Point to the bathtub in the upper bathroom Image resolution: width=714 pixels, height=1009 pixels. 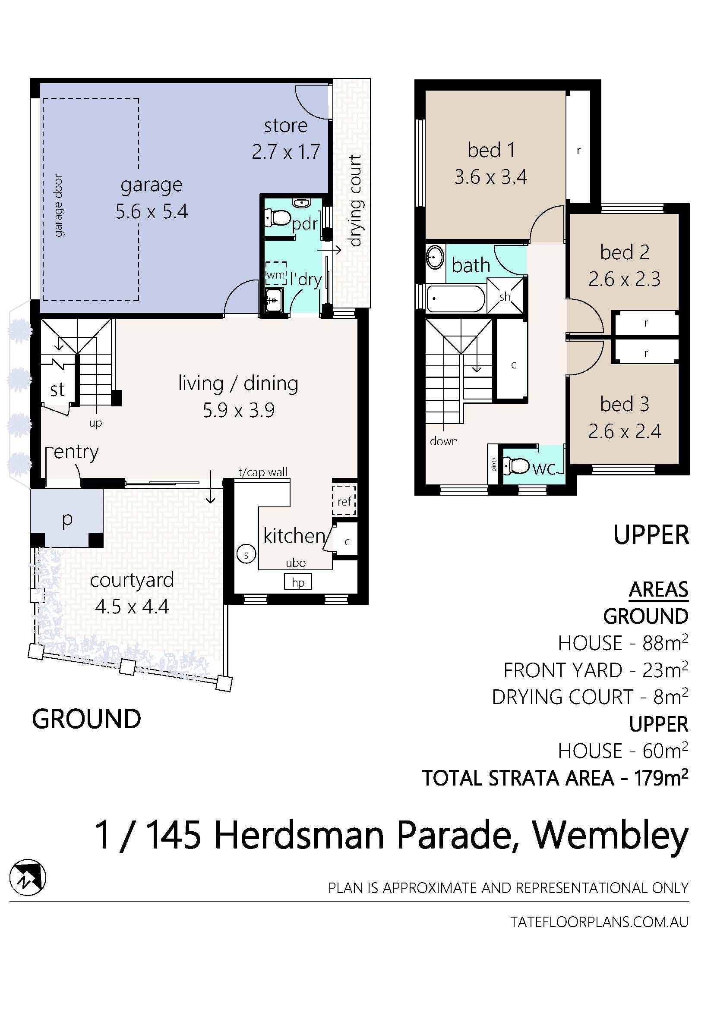pos(455,299)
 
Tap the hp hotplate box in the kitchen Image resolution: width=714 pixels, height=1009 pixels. pos(298,582)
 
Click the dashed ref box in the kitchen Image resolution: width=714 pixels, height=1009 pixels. pos(344,500)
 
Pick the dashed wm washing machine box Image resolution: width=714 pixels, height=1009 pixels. pos(276,273)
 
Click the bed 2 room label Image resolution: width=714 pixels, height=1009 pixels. pos(624,252)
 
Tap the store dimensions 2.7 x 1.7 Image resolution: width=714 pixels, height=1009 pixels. pos(286,151)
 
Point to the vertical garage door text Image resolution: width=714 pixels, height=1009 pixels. pos(58,206)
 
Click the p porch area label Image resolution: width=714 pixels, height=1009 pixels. pos(67,519)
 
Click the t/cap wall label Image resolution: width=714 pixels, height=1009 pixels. pos(263,472)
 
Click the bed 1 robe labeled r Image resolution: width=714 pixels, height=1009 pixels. pos(578,150)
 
